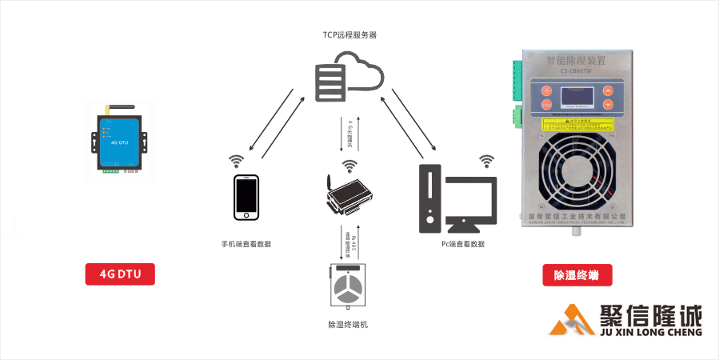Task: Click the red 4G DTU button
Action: (120, 274)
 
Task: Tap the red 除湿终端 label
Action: (577, 275)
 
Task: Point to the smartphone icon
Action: (247, 195)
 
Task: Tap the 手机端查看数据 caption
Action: (246, 243)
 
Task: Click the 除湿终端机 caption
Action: (348, 325)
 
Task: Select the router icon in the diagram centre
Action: (349, 195)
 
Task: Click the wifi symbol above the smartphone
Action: (237, 160)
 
